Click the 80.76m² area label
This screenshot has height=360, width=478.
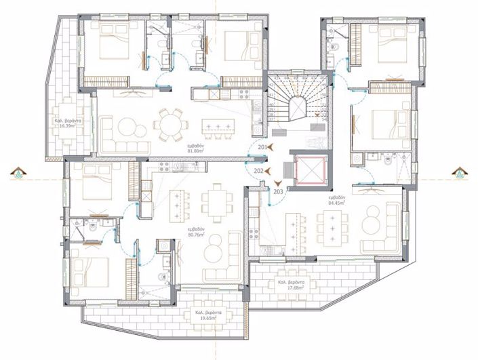[197, 234]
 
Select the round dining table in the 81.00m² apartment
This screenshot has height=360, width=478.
[167, 125]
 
